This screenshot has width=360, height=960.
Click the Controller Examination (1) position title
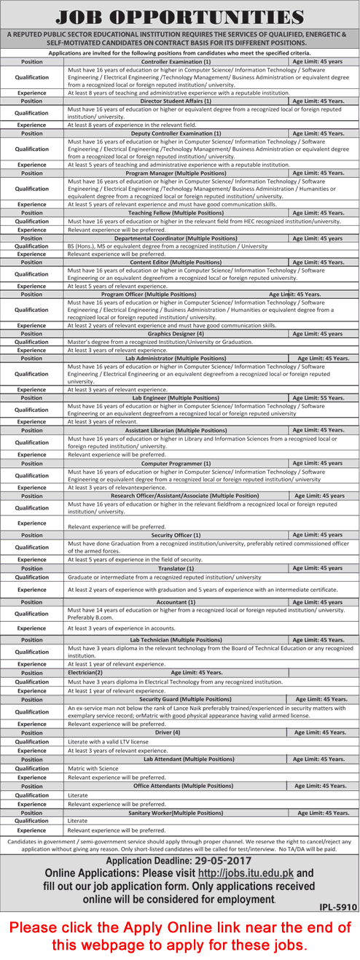coord(176,62)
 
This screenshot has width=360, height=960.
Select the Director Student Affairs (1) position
coord(176,101)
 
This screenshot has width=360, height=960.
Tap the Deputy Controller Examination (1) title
coord(176,133)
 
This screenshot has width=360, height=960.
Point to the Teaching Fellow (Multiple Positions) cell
coord(176,213)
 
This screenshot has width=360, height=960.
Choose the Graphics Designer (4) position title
coord(176,333)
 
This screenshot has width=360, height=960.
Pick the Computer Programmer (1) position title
coord(176,463)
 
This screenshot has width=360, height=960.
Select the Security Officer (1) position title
coord(176,534)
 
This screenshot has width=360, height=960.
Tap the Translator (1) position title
coord(176,568)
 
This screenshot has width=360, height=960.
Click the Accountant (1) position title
coord(176,602)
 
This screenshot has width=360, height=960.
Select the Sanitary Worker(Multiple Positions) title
coord(176,812)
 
